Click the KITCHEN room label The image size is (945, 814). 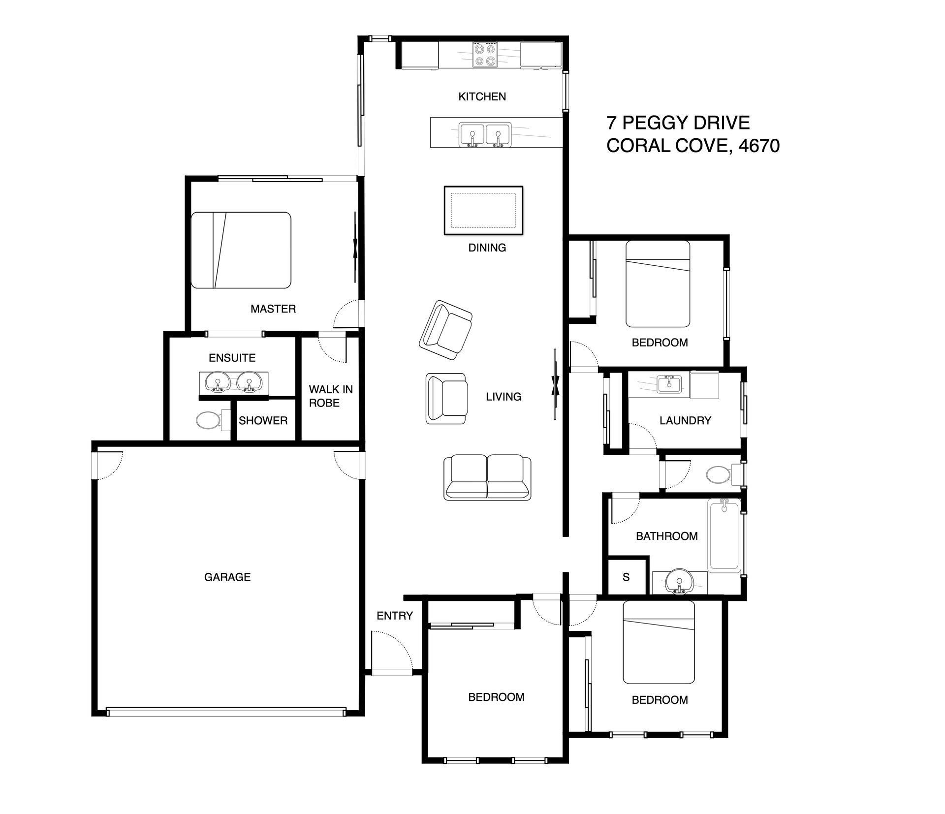[x=482, y=96]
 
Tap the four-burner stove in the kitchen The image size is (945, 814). [x=485, y=55]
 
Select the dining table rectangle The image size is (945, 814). [x=483, y=210]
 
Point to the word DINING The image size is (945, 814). [x=487, y=248]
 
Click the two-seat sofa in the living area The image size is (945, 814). [x=487, y=477]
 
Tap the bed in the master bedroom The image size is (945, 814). [x=241, y=250]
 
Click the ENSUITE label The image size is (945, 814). [x=232, y=358]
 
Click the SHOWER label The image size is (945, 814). [x=263, y=420]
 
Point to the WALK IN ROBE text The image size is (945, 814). [x=331, y=396]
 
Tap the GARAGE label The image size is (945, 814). [x=227, y=577]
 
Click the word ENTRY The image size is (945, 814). [x=394, y=616]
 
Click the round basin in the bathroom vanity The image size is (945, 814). [x=680, y=582]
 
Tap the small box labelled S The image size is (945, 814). [x=626, y=577]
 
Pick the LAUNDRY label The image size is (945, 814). [x=685, y=420]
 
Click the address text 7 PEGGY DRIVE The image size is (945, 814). [x=678, y=123]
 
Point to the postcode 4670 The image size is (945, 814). [x=759, y=146]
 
